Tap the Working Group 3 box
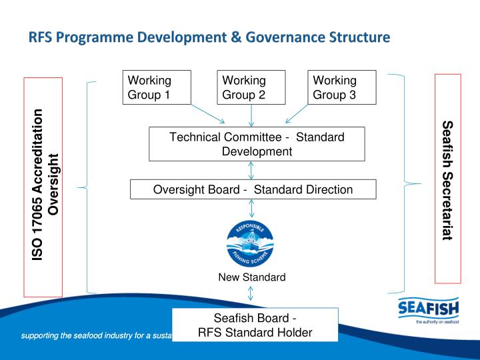pyautogui.click(x=341, y=87)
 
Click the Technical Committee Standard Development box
pyautogui.click(x=257, y=144)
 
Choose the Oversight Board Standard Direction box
pyautogui.click(x=253, y=189)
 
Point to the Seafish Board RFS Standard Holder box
pyautogui.click(x=255, y=325)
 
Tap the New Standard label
pyautogui.click(x=252, y=277)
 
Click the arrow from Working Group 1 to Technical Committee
pyautogui.click(x=207, y=114)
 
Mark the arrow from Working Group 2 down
pyautogui.click(x=251, y=115)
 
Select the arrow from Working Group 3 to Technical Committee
pyautogui.click(x=298, y=114)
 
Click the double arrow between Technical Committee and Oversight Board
pyautogui.click(x=251, y=170)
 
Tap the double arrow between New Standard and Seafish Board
pyautogui.click(x=251, y=294)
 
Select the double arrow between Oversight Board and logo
pyautogui.click(x=251, y=208)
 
